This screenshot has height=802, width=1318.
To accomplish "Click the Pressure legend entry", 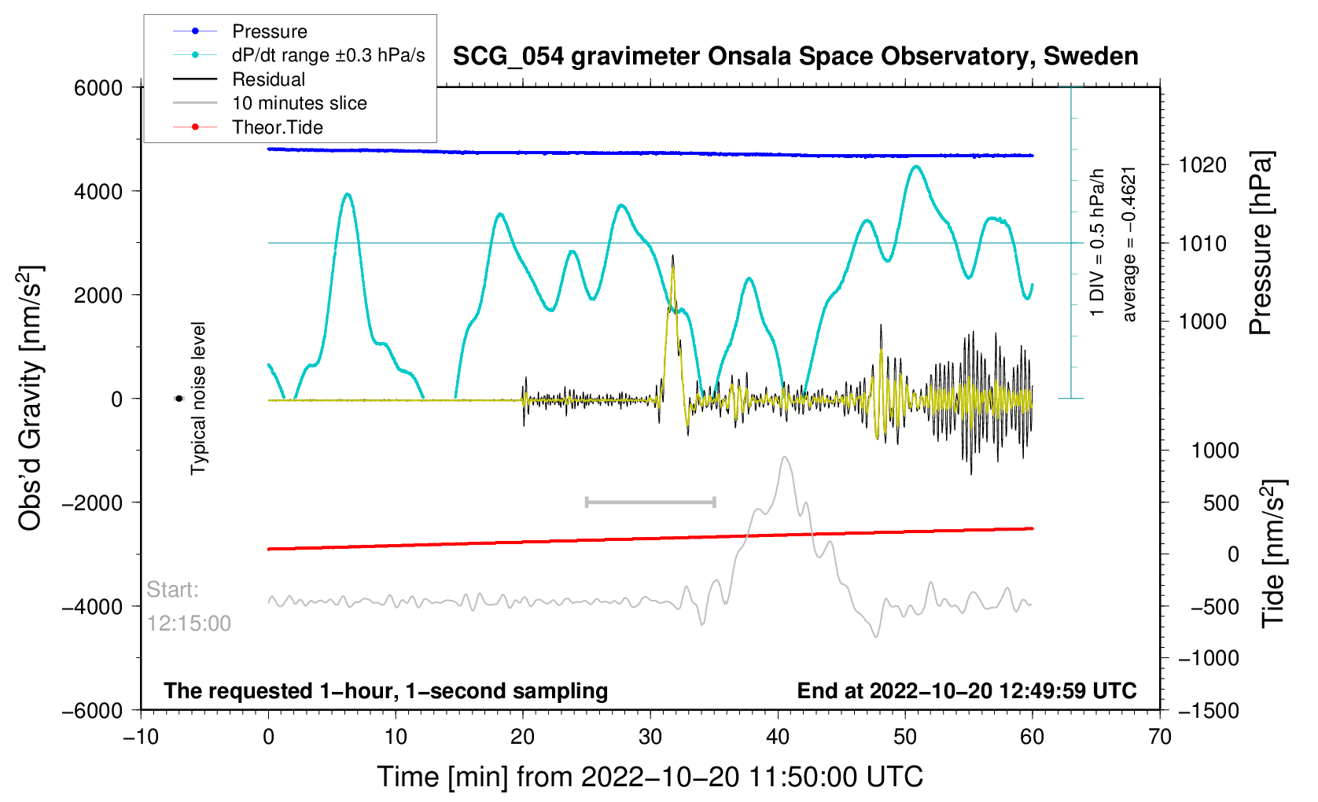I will [269, 31].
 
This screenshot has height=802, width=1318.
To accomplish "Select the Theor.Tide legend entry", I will [277, 127].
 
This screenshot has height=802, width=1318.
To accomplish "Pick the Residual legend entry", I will [268, 79].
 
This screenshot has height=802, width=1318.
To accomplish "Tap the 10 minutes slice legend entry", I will [299, 103].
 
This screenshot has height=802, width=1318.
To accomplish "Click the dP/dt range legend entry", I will [328, 55].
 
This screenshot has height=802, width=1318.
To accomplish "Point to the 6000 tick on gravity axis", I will [98, 88].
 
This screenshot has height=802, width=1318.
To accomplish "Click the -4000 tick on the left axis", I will [94, 607].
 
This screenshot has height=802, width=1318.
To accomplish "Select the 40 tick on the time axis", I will [778, 737].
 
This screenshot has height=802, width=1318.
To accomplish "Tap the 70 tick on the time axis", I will [1160, 737].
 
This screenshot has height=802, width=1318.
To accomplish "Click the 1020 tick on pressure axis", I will [1202, 165].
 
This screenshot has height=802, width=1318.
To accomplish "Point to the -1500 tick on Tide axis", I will [1208, 711].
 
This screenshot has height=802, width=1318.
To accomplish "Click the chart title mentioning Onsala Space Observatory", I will [795, 57].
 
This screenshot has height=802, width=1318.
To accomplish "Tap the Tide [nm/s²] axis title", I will [1272, 554].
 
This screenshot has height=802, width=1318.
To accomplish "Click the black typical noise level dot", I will [179, 399].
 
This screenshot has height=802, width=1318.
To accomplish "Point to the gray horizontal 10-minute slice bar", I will [650, 502].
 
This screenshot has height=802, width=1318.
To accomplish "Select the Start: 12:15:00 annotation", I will [189, 606].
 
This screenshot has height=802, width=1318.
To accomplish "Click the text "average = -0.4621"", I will [1129, 244].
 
